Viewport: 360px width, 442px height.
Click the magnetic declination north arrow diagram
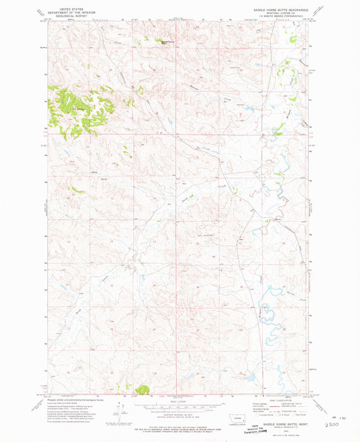coord(123,408)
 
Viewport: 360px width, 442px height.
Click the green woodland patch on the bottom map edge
coord(143,389)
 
